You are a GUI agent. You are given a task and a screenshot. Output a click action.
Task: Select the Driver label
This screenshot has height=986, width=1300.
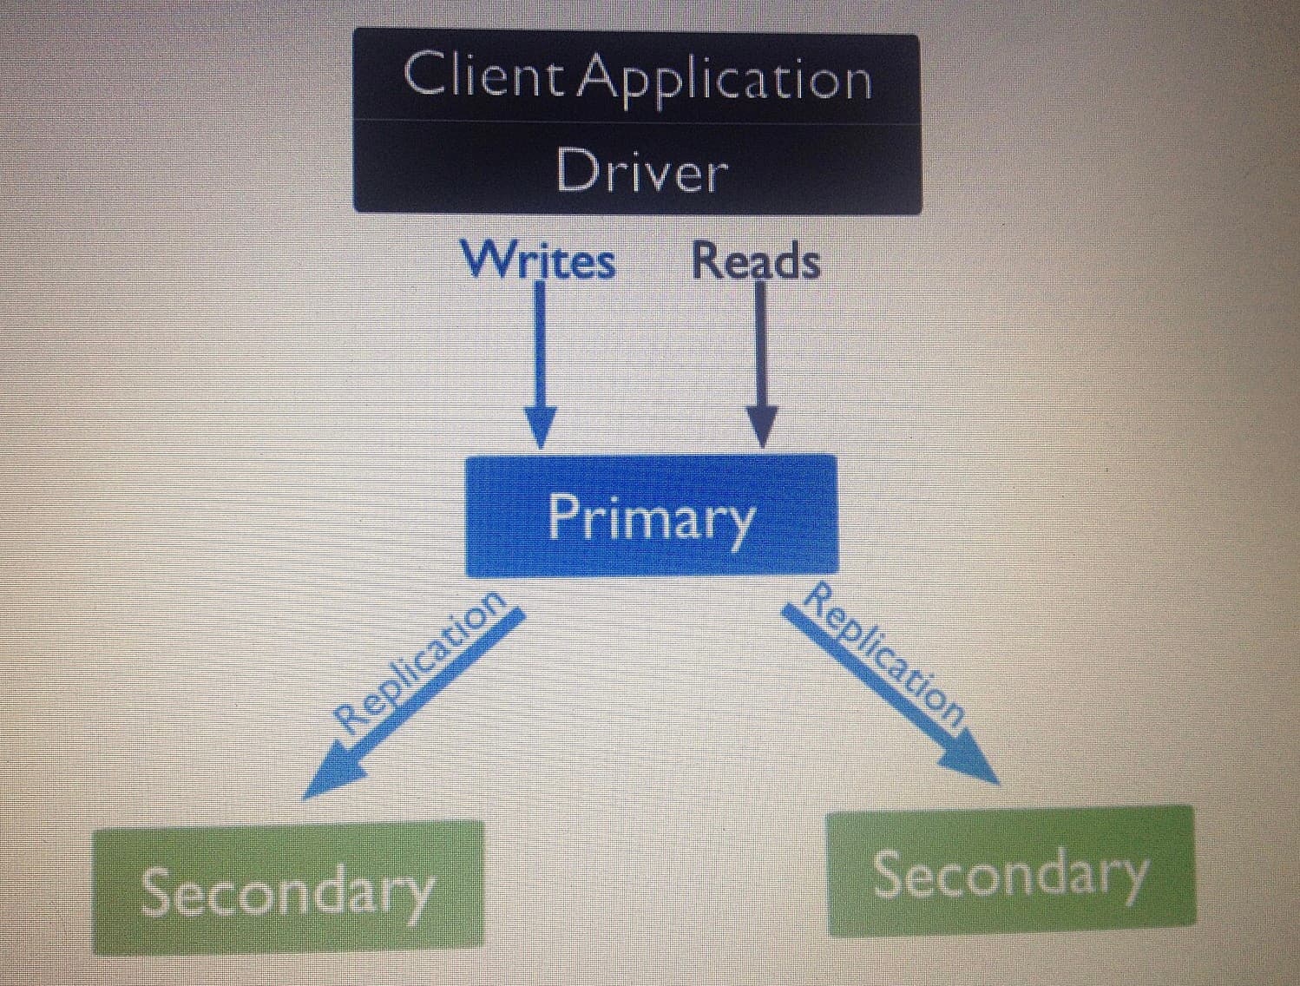[641, 171]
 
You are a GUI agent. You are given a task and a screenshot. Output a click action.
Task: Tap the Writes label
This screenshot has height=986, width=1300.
[538, 260]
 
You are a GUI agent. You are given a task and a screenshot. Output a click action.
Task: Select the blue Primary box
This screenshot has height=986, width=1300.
[651, 516]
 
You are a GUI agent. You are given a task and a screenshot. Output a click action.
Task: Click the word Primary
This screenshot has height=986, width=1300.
[651, 519]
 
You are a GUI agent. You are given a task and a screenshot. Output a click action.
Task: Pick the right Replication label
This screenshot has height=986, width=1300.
[885, 655]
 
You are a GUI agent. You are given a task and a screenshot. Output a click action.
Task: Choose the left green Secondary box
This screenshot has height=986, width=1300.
[287, 889]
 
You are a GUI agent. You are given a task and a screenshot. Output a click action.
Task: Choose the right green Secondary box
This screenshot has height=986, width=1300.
[1011, 871]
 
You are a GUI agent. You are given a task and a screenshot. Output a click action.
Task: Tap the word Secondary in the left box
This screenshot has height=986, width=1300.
[287, 891]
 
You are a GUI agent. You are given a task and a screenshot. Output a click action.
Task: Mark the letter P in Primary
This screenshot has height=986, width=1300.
[564, 515]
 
